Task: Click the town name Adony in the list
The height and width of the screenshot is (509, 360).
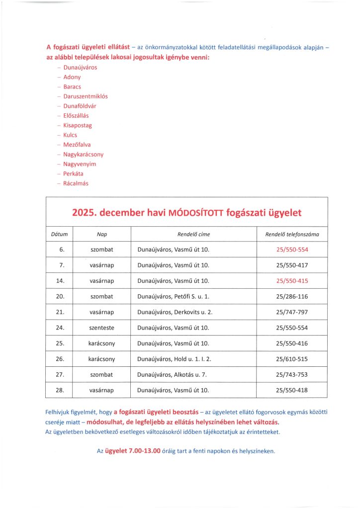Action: coord(72,78)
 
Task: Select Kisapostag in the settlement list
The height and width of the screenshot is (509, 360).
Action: coord(78,125)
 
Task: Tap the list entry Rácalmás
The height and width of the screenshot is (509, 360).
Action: coord(76,183)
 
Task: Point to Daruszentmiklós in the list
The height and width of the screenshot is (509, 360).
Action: coord(86,96)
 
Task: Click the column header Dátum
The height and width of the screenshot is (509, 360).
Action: coord(59,234)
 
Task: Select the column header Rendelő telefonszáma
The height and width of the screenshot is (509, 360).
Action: coord(292,234)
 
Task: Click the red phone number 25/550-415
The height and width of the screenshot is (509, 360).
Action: coord(292,281)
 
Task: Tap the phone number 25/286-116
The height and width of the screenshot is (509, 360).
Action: coord(292,296)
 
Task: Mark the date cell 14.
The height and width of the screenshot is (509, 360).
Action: coord(60,281)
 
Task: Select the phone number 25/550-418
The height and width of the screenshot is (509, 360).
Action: coord(292,390)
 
